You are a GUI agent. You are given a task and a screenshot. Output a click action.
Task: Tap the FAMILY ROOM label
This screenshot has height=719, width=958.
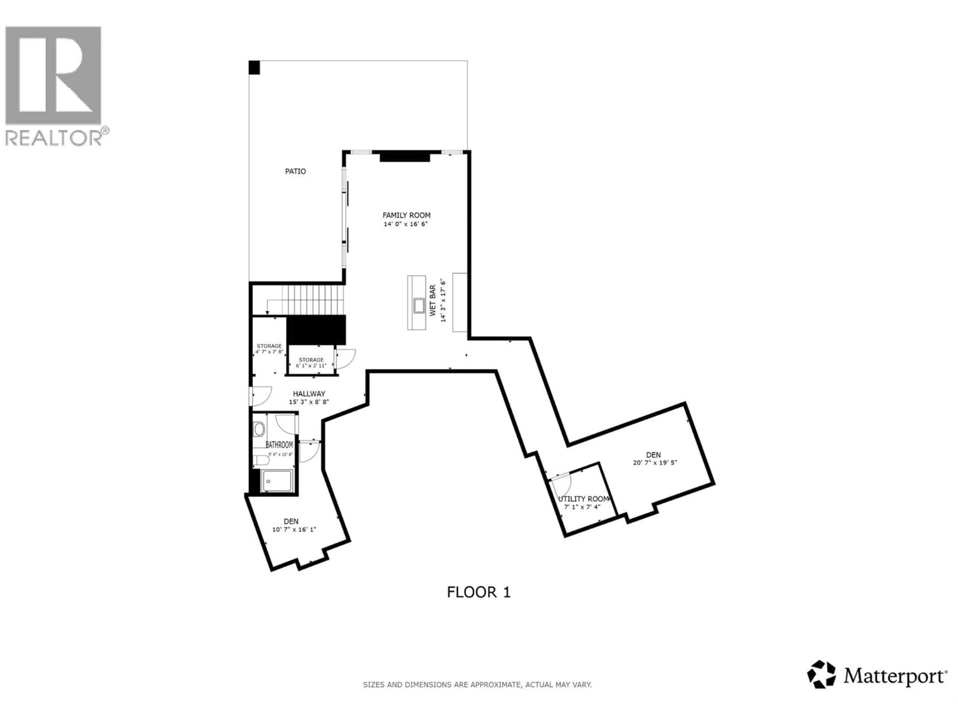coord(406,215)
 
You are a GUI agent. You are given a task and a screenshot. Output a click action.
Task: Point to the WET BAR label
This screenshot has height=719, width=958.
coord(433,300)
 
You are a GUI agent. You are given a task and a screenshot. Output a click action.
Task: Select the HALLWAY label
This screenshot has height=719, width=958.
coord(309,393)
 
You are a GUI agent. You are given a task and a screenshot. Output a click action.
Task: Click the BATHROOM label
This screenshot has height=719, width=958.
coord(279,445)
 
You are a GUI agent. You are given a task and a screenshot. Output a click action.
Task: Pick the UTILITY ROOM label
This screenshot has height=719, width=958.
coord(583,499)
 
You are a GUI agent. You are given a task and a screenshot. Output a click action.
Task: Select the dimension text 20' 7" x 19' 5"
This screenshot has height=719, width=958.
coord(654,462)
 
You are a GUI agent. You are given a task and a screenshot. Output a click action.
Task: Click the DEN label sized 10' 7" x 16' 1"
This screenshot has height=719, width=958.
coord(291,521)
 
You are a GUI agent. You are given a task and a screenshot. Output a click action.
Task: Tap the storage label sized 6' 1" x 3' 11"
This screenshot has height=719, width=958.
coord(311,360)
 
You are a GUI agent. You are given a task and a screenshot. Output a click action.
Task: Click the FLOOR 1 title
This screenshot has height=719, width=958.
coord(479,592)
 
